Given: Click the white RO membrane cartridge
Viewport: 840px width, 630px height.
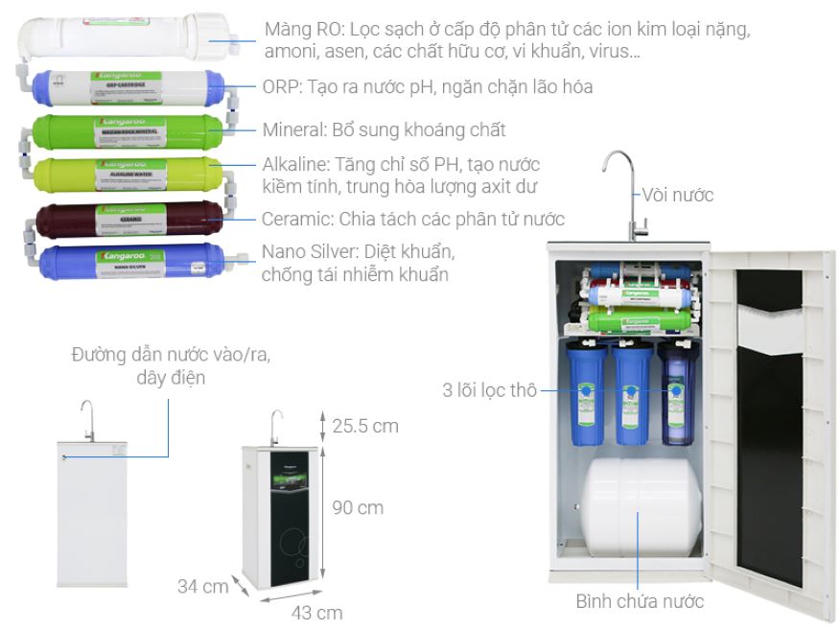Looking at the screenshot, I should pyautogui.click(x=125, y=37).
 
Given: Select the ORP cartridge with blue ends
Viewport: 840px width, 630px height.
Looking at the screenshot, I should pyautogui.click(x=128, y=87).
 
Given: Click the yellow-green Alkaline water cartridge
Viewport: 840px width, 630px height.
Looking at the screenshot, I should pyautogui.click(x=128, y=174).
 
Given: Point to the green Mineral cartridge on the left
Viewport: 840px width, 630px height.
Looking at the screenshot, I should pyautogui.click(x=128, y=130).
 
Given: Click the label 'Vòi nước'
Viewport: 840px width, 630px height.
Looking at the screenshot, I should pyautogui.click(x=678, y=196).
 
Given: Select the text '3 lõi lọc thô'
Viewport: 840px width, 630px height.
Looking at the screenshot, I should pyautogui.click(x=488, y=390).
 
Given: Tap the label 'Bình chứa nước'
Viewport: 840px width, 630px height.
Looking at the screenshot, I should pyautogui.click(x=640, y=601).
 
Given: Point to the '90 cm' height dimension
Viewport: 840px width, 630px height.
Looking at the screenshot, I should pyautogui.click(x=358, y=507).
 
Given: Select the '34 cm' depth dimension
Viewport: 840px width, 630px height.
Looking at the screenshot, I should pyautogui.click(x=202, y=585).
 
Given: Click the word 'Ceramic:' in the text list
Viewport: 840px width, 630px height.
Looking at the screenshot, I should pyautogui.click(x=297, y=219).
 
